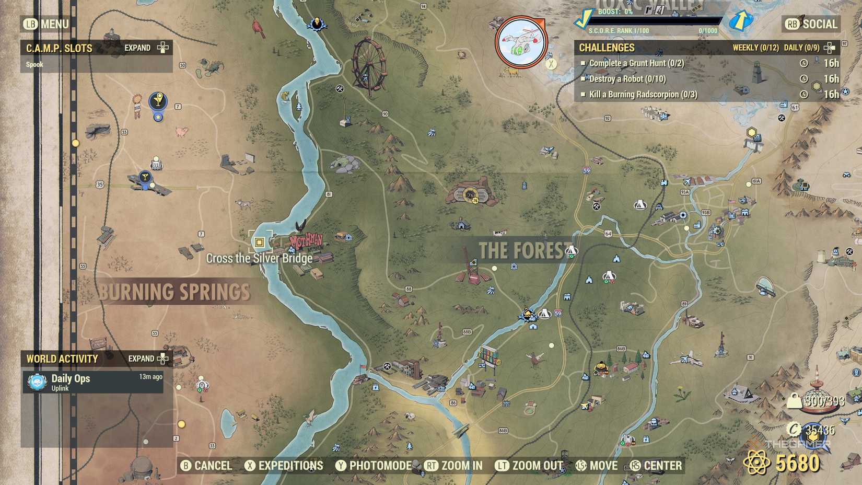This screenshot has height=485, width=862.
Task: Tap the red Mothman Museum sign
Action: tap(306, 241)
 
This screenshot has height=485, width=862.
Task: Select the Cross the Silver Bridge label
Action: tap(259, 258)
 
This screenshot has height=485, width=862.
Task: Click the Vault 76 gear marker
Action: tap(471, 195)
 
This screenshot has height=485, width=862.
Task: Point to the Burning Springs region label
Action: tap(174, 292)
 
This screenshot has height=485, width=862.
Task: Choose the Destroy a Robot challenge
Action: tap(627, 79)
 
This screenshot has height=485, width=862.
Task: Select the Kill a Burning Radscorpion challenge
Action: tap(643, 95)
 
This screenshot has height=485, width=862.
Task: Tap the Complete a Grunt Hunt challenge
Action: tap(636, 63)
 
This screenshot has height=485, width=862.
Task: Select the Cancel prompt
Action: tap(206, 466)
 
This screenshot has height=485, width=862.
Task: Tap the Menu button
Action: tap(46, 24)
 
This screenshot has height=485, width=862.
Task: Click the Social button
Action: tap(812, 24)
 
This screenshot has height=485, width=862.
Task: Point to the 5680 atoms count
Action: tap(797, 463)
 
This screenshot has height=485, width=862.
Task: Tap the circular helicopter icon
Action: tap(521, 42)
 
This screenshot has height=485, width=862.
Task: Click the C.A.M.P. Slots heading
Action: tap(59, 48)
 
